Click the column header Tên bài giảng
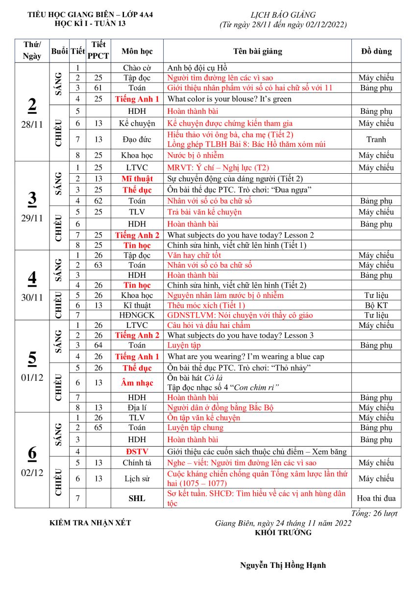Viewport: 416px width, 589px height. point(257,51)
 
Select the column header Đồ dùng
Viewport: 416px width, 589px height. point(376,51)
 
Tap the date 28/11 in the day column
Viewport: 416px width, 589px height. point(32,124)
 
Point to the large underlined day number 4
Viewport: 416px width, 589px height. point(32,278)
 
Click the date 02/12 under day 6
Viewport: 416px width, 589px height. point(32,473)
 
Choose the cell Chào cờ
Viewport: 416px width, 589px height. point(137,68)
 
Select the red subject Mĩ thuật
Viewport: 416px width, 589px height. point(137,179)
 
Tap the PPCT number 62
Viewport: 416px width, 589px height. point(98,201)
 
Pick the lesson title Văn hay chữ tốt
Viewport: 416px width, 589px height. point(194,255)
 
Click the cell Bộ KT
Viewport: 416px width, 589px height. point(376,305)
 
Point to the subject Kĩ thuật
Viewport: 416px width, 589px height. point(137,305)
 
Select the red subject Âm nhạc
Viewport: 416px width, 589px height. point(137,383)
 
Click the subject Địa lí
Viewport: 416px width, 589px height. point(137,407)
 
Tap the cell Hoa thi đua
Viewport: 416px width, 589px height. point(376,498)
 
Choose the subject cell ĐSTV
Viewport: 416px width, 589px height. point(137,452)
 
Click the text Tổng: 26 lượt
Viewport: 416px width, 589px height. point(375,513)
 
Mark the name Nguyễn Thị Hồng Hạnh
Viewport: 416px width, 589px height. point(283,565)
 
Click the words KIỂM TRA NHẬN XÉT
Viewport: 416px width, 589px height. point(90,523)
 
